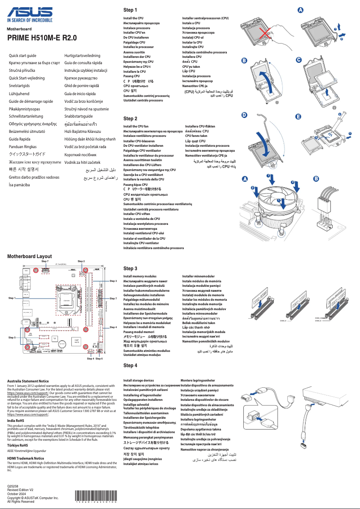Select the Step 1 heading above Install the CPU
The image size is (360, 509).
[x=130, y=10]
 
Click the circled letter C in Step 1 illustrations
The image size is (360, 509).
[x=299, y=60]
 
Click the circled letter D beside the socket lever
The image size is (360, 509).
[x=244, y=115]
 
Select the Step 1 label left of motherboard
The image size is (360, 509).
[x=12, y=298]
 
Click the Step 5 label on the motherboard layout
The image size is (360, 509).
[x=12, y=337]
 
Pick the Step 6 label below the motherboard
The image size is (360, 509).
[x=99, y=359]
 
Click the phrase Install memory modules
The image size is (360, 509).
[x=140, y=276]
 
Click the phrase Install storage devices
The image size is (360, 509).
[x=139, y=380]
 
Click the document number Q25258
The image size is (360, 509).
[x=13, y=486]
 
